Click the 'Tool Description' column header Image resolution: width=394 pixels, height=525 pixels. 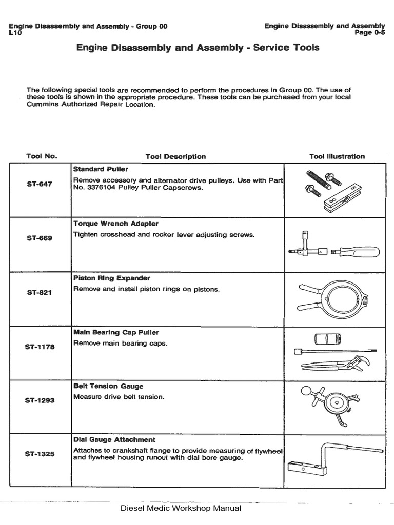click(175, 157)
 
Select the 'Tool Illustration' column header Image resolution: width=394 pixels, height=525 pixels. click(337, 156)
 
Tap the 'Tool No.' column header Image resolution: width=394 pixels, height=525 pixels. click(42, 156)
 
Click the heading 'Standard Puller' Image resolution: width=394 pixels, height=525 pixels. click(101, 169)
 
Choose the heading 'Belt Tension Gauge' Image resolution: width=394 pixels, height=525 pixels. click(108, 386)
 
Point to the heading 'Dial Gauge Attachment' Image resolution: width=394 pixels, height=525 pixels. click(114, 440)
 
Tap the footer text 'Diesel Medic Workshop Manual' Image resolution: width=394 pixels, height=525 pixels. click(180, 509)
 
